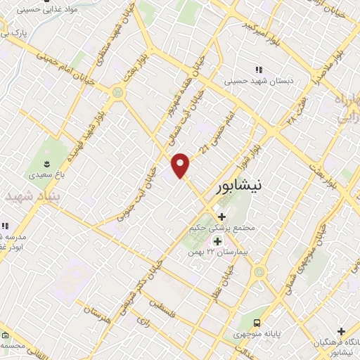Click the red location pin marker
point(181,165)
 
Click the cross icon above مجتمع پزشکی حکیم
point(222,217)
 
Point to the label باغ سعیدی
point(34,171)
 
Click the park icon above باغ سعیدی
point(34,160)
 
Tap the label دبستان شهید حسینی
point(257,81)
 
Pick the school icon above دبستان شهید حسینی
point(258,70)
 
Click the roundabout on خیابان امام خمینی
point(117,92)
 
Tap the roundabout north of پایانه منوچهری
point(260,271)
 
